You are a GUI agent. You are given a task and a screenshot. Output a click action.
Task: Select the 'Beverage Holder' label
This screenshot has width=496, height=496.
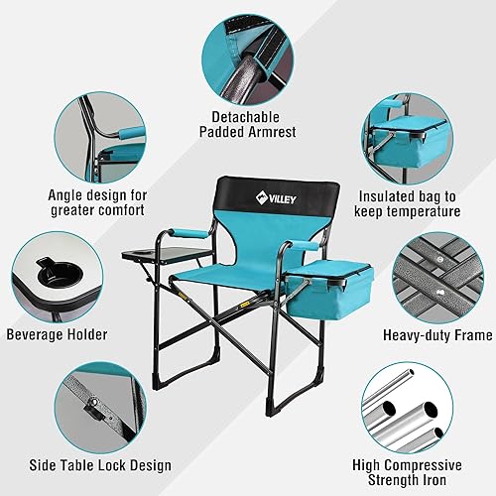pyautogui.click(x=58, y=335)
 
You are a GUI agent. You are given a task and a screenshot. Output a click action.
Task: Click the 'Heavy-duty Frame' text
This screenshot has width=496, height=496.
pyautogui.click(x=437, y=335)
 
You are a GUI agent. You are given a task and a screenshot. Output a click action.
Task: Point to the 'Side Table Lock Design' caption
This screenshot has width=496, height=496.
pyautogui.click(x=102, y=465)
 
